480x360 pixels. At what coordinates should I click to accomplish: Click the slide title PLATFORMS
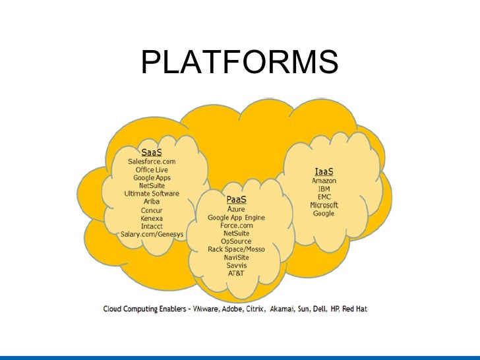239,63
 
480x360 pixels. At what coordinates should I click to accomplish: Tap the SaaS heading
152,152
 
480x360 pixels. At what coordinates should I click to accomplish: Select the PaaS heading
237,199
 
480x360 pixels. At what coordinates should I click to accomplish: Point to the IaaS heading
324,171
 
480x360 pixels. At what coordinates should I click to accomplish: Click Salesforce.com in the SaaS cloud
152,161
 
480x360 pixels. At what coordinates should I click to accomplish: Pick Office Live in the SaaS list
152,169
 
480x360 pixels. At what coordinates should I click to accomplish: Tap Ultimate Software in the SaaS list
152,194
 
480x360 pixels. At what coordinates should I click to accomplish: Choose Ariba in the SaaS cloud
152,202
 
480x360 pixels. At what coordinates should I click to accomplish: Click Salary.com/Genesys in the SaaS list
152,235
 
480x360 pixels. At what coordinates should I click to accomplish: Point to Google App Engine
237,217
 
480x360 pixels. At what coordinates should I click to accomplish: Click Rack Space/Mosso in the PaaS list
237,249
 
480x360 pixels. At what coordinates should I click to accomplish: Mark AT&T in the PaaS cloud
237,273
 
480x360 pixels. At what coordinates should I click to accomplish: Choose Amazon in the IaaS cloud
324,181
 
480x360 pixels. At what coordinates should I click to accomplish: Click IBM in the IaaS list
324,189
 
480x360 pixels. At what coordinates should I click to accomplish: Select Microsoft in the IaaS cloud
324,205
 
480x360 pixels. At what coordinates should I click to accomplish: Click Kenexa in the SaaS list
152,218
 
